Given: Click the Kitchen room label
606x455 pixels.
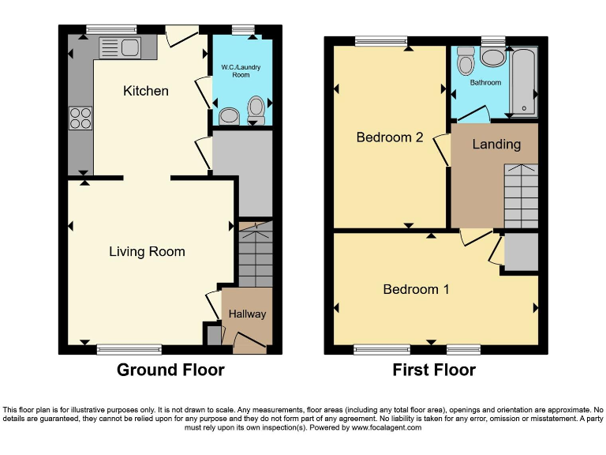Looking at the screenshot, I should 146,91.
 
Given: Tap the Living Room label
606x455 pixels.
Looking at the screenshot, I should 147,252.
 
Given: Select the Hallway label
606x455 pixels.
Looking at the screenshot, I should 247,314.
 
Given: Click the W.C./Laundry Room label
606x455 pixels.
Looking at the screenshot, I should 241,71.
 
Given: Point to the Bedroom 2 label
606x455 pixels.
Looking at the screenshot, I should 390,137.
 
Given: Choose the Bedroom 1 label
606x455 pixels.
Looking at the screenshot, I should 416,289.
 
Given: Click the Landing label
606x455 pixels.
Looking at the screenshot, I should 496,144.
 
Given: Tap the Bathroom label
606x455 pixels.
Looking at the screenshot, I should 485,82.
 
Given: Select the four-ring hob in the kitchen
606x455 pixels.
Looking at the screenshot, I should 80,118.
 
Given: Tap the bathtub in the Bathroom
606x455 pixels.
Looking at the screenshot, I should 523,81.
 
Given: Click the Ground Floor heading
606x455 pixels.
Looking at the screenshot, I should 170,370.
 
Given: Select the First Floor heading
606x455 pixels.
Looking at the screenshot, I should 434,370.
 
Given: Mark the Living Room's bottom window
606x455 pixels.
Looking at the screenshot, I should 129,348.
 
